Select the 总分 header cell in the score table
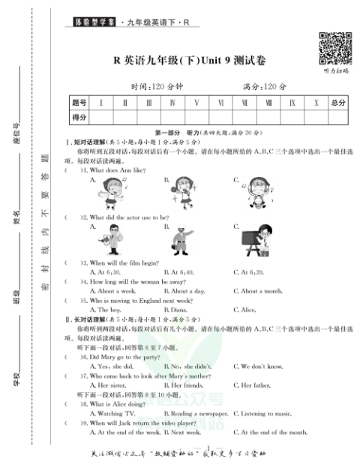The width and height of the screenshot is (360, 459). pos(337,102)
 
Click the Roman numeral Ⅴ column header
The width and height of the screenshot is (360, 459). pos(196,102)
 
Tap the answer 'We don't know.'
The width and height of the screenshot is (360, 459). pos(259,367)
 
